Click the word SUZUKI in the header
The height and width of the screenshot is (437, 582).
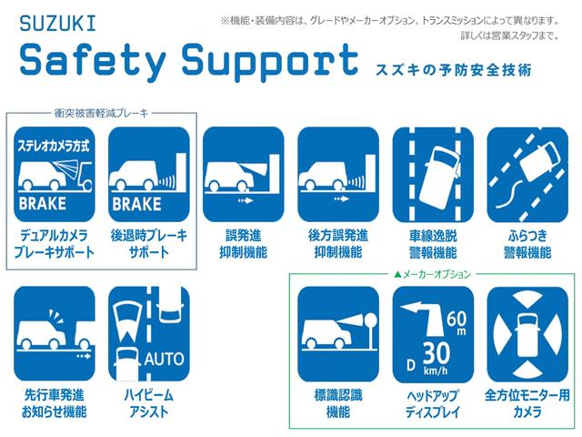(57, 24)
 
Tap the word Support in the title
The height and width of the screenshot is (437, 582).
(270, 61)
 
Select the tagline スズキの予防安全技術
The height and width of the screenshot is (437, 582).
(454, 70)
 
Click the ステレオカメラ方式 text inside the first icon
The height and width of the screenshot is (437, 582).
(54, 146)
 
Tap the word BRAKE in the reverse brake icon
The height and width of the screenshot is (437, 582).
(136, 204)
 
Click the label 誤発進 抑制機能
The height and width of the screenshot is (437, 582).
(243, 244)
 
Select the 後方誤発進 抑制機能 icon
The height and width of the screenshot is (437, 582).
(338, 174)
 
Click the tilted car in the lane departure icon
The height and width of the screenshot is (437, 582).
(440, 178)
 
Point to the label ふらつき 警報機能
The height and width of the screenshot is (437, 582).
(527, 244)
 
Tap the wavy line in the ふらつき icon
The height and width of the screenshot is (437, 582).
(509, 194)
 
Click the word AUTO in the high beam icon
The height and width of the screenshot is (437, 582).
(164, 359)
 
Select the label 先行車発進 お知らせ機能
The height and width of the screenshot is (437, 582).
(55, 403)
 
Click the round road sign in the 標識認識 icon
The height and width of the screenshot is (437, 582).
(371, 320)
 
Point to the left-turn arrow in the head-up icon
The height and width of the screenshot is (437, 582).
(424, 319)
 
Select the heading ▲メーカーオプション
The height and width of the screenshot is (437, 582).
(432, 274)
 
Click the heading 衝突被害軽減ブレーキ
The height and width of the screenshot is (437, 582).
(101, 113)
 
